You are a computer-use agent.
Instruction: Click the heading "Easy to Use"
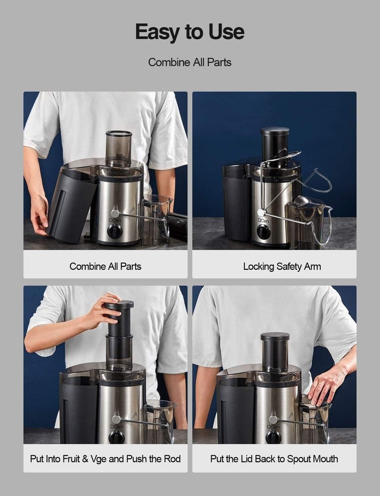[x=190, y=32]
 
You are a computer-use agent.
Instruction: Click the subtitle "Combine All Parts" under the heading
[x=190, y=62]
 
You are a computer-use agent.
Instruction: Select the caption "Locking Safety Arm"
[x=282, y=266]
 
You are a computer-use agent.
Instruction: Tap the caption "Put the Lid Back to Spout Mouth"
[x=274, y=458]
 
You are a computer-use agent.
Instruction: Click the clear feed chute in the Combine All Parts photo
[x=119, y=148]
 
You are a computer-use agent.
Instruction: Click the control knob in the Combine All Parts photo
[x=114, y=232]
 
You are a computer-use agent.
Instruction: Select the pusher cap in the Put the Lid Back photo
[x=275, y=337]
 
